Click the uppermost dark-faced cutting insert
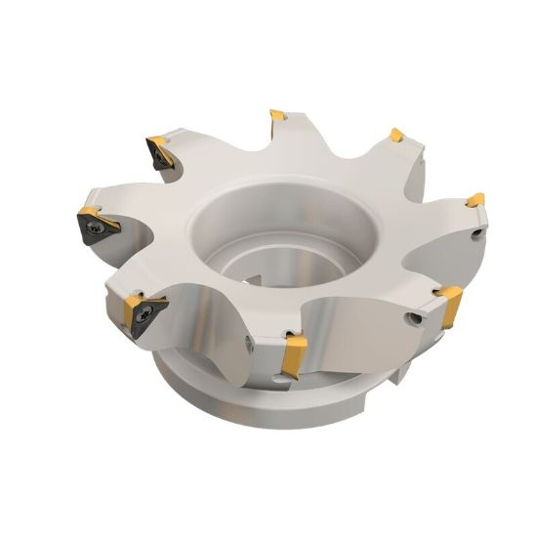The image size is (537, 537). (x=159, y=151)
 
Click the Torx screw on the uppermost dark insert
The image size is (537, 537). (x=156, y=150)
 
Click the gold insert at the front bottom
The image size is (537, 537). (x=291, y=355)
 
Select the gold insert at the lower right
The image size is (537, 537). (x=450, y=305)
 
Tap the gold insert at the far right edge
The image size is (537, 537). (x=475, y=201)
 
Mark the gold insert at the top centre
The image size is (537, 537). (x=278, y=117)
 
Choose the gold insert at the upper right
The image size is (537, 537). (x=395, y=135)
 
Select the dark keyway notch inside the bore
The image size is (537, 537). (x=256, y=281)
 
